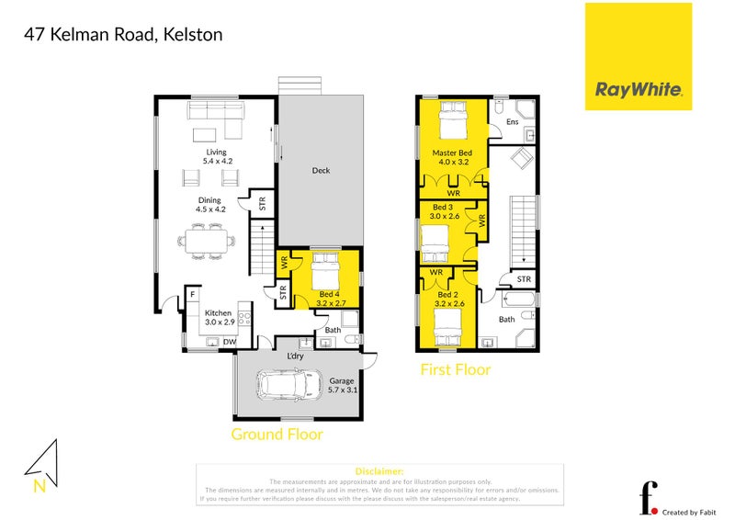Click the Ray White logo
point(639,57)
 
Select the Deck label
point(321,170)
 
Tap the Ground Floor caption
point(277,434)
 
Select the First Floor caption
point(456,370)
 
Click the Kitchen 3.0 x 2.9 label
point(219,318)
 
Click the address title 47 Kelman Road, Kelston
point(122,35)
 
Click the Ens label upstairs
point(513,122)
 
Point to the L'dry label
point(296,356)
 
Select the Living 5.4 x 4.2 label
point(216,157)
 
